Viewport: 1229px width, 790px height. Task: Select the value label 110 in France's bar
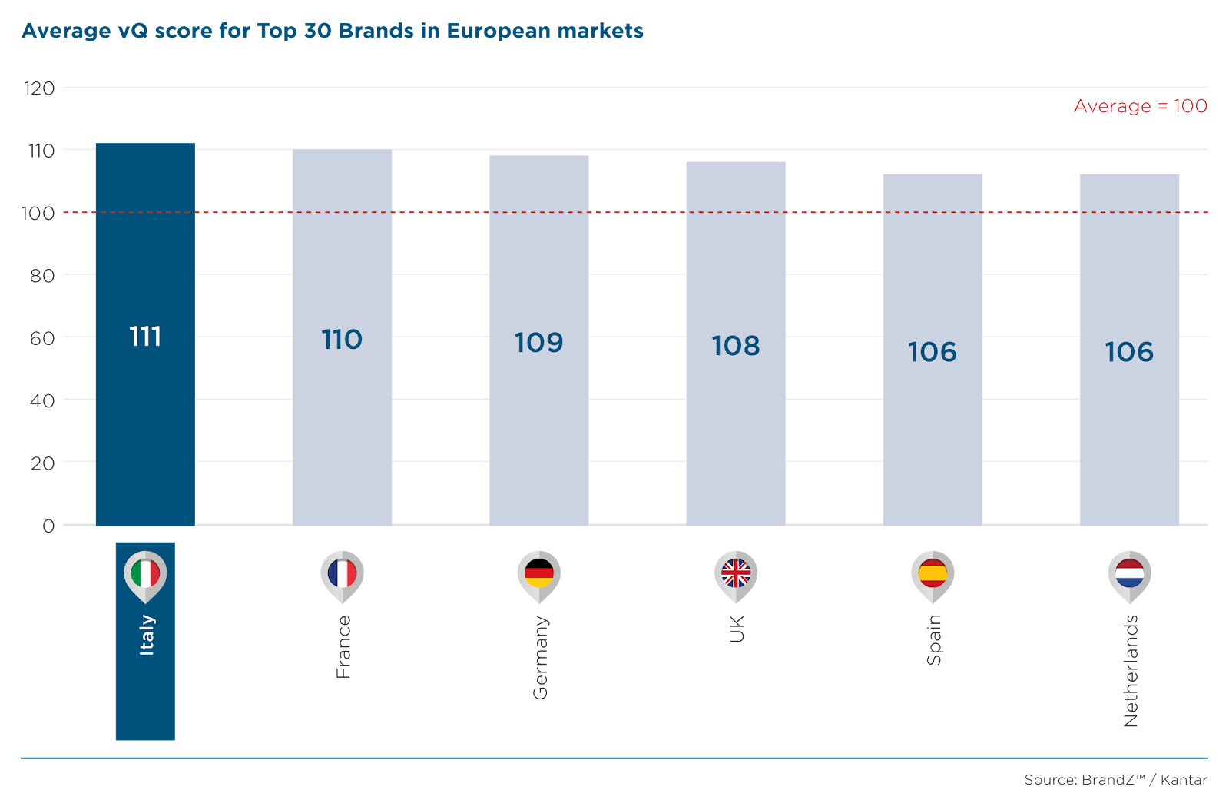tap(342, 339)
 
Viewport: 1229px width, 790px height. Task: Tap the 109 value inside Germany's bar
tap(538, 342)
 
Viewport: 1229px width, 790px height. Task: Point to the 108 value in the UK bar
tap(736, 346)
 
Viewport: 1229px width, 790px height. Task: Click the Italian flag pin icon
tap(145, 574)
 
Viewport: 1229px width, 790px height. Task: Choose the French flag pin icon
tap(342, 574)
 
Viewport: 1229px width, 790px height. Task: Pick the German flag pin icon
tap(539, 574)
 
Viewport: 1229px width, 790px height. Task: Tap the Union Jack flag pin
tap(736, 574)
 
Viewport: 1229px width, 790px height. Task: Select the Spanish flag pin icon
tap(933, 574)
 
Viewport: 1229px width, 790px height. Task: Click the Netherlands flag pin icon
tap(1129, 574)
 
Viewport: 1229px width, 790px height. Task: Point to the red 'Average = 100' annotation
tap(1140, 106)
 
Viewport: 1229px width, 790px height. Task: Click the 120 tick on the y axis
tap(39, 88)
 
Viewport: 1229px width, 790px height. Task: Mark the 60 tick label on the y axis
tap(42, 338)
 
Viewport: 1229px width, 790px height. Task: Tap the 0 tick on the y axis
tap(48, 526)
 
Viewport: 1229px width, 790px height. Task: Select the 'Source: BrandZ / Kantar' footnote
tap(1115, 779)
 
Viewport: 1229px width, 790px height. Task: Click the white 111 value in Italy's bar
tap(145, 337)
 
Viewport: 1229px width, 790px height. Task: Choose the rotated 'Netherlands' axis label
tap(1131, 671)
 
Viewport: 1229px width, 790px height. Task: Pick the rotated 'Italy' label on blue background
tap(146, 635)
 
